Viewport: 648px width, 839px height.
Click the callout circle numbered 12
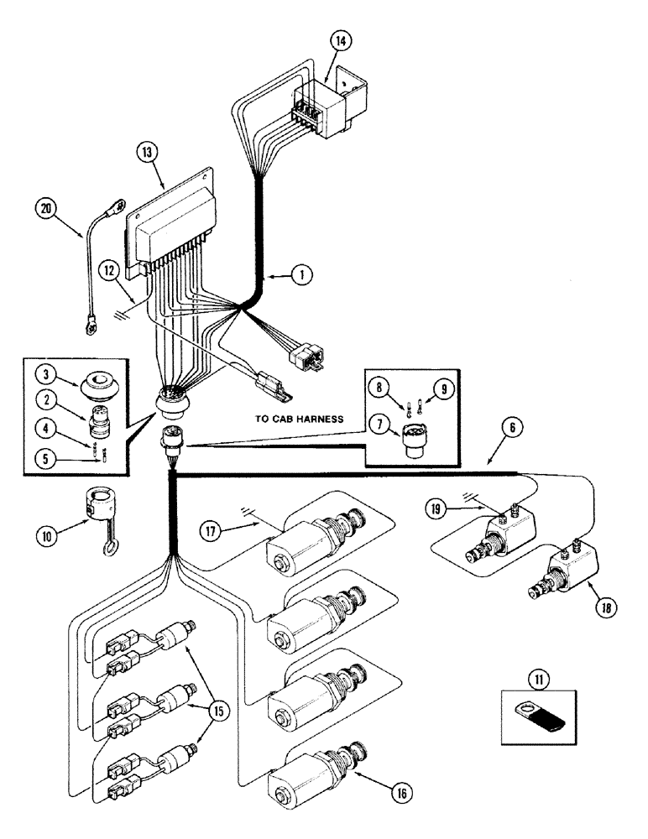pos(106,269)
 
